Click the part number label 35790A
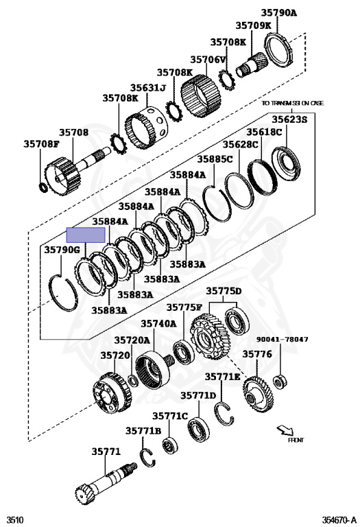pyautogui.click(x=279, y=13)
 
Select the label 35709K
pyautogui.click(x=253, y=25)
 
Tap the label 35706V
pyautogui.click(x=208, y=60)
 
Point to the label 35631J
pyautogui.click(x=148, y=88)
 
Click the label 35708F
pyautogui.click(x=41, y=144)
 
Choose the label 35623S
pyautogui.click(x=289, y=119)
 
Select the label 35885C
pyautogui.click(x=215, y=159)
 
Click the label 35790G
pyautogui.click(x=62, y=250)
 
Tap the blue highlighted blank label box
pyautogui.click(x=86, y=235)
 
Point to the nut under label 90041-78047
pyautogui.click(x=280, y=382)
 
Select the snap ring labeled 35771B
pyautogui.click(x=147, y=458)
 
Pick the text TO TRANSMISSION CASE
pyautogui.click(x=293, y=103)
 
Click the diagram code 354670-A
pyautogui.click(x=339, y=519)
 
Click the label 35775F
pyautogui.click(x=184, y=307)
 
